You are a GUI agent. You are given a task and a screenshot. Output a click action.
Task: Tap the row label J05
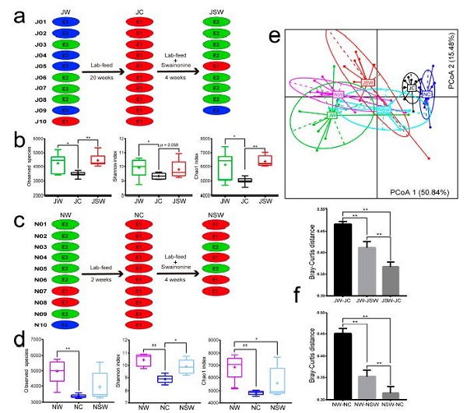pyautogui.click(x=20, y=67)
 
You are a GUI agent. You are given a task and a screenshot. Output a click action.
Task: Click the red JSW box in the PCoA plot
pyautogui.click(x=369, y=82)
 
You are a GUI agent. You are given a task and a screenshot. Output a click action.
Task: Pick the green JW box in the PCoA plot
pyautogui.click(x=333, y=115)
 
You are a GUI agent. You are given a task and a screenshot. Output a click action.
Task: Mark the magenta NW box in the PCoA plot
pyautogui.click(x=338, y=94)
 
